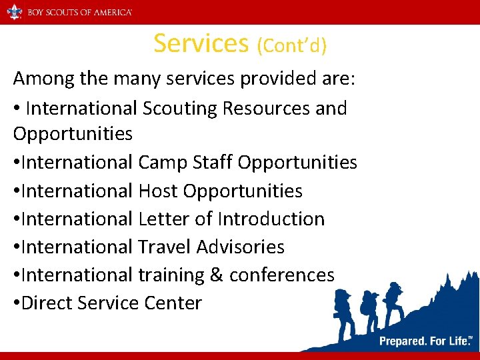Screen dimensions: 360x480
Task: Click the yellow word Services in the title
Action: pyautogui.click(x=201, y=43)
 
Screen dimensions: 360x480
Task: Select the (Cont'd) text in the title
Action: pyautogui.click(x=291, y=45)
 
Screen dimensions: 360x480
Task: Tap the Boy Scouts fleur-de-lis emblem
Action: pyautogui.click(x=14, y=12)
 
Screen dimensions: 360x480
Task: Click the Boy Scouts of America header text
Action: pyautogui.click(x=79, y=12)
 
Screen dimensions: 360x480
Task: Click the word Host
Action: pyautogui.click(x=158, y=191)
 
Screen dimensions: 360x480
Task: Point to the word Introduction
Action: pyautogui.click(x=271, y=219)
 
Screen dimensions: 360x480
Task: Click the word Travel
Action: pyautogui.click(x=165, y=247)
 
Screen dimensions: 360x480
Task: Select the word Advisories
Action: pyautogui.click(x=241, y=247)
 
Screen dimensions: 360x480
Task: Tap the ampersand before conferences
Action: pyautogui.click(x=215, y=275)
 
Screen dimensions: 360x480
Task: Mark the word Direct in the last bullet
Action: pyautogui.click(x=47, y=303)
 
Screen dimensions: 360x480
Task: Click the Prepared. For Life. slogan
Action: pyautogui.click(x=425, y=341)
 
